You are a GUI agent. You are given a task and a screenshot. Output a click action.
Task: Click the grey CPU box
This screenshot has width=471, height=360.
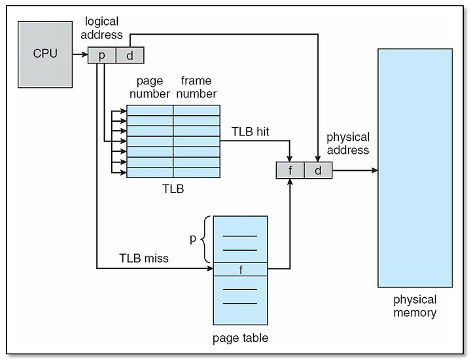pos(45,54)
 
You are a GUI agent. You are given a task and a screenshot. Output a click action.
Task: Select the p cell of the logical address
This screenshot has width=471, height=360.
pos(102,55)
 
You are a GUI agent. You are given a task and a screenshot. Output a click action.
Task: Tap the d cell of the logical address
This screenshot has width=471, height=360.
pos(130,55)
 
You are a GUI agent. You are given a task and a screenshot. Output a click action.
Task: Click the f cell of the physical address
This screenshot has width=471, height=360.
pos(290,170)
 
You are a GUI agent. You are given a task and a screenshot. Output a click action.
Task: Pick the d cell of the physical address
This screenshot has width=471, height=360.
pos(318,170)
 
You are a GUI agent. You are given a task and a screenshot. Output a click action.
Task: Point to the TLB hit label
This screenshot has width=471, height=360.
pos(250,132)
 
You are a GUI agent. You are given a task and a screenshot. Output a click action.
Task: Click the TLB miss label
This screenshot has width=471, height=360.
pos(144,258)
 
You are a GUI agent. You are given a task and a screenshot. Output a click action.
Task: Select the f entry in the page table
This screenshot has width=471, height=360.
pos(240,269)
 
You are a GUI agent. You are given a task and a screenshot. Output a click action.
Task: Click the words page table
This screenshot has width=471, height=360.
pos(240,338)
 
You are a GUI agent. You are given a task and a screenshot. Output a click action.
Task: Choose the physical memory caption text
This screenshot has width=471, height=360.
pos(415,306)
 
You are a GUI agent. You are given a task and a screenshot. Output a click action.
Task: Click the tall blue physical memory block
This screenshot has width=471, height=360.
pos(415,168)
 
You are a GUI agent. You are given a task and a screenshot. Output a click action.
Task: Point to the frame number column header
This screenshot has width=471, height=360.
pos(196,87)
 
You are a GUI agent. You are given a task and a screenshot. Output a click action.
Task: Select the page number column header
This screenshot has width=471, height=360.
pos(150,87)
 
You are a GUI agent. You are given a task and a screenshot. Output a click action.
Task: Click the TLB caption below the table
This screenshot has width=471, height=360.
pos(173,189)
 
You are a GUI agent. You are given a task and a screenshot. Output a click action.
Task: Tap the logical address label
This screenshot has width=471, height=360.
pos(101,28)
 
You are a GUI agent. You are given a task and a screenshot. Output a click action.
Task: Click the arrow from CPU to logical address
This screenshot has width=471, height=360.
pos(80,54)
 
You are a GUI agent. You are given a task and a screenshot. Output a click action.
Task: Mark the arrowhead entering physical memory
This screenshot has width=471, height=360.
pos(375,170)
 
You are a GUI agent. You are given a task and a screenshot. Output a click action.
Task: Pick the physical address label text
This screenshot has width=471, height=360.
pos(348,143)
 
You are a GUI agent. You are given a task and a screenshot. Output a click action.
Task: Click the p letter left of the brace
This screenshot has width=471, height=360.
pos(193,239)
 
